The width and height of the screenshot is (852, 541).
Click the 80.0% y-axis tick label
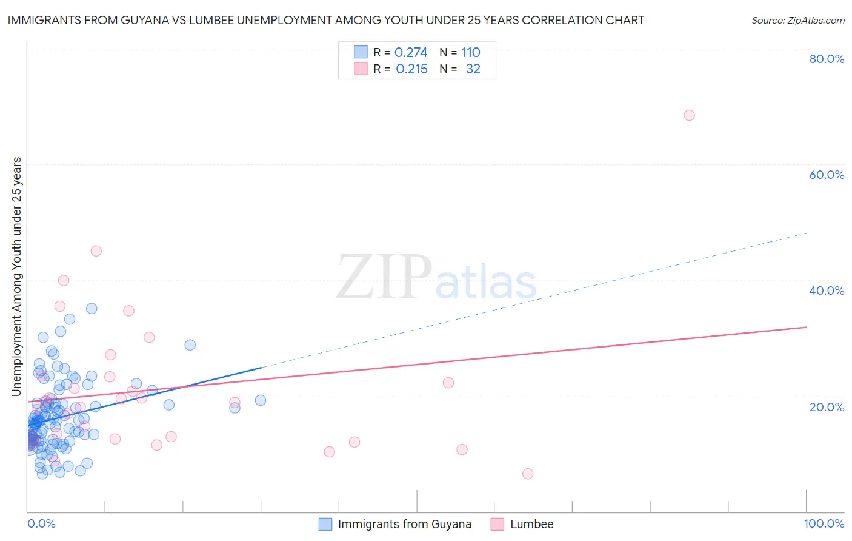tap(827, 59)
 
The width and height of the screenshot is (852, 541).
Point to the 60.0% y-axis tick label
tap(827, 175)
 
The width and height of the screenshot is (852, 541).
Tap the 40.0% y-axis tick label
tap(827, 291)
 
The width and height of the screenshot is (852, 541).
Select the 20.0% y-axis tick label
tap(827, 407)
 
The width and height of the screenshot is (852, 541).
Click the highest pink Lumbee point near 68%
tap(689, 115)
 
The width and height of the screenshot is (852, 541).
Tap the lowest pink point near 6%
tap(528, 474)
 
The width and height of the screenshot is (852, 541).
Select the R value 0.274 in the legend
tap(411, 53)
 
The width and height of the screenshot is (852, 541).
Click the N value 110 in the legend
tap(470, 53)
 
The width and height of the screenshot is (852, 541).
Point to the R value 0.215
tap(411, 69)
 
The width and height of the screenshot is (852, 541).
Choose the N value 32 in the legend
tap(473, 69)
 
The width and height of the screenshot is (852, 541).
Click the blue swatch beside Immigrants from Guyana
tap(325, 525)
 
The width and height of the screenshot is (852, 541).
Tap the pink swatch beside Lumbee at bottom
tap(498, 525)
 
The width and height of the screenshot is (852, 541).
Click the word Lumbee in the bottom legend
tap(531, 525)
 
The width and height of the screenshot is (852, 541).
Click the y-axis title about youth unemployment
tap(17, 277)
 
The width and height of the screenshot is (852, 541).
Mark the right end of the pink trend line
tap(806, 327)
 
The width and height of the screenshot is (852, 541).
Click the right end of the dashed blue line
tap(806, 233)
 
